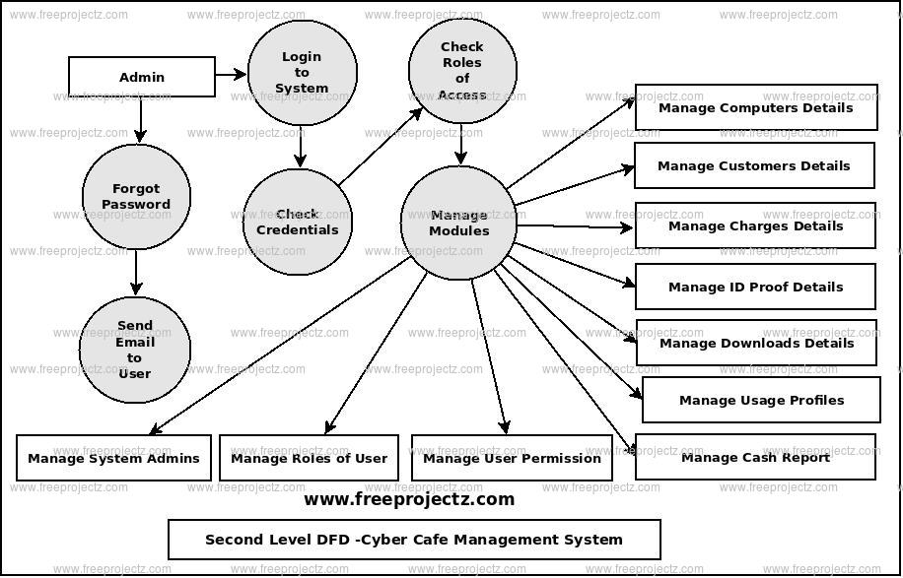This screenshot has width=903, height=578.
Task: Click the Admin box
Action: click(141, 77)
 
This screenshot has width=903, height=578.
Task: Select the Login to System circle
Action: click(302, 72)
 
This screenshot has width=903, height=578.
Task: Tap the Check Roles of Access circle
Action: click(462, 71)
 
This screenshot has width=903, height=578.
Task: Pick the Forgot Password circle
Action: click(136, 197)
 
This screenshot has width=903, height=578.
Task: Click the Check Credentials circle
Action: click(297, 222)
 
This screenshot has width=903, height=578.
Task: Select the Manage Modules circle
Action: click(458, 223)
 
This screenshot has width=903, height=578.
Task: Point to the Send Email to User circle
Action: click(135, 350)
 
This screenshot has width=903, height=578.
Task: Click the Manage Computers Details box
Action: click(755, 107)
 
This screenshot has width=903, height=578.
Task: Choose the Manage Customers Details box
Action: click(753, 165)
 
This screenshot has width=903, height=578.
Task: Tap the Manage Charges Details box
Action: click(755, 225)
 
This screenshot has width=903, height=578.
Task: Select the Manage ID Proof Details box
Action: click(755, 287)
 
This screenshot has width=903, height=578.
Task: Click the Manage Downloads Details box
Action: click(756, 343)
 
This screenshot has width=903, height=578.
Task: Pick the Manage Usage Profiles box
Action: click(761, 400)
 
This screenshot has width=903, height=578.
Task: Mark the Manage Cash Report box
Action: click(755, 457)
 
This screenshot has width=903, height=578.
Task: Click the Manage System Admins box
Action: click(113, 458)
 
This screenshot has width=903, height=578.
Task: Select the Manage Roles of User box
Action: click(309, 458)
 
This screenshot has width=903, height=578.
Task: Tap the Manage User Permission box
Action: click(512, 458)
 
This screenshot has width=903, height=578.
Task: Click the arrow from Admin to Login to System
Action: click(231, 74)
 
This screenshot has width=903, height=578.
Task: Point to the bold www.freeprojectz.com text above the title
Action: click(409, 499)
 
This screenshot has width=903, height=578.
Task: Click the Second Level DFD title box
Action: click(414, 540)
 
